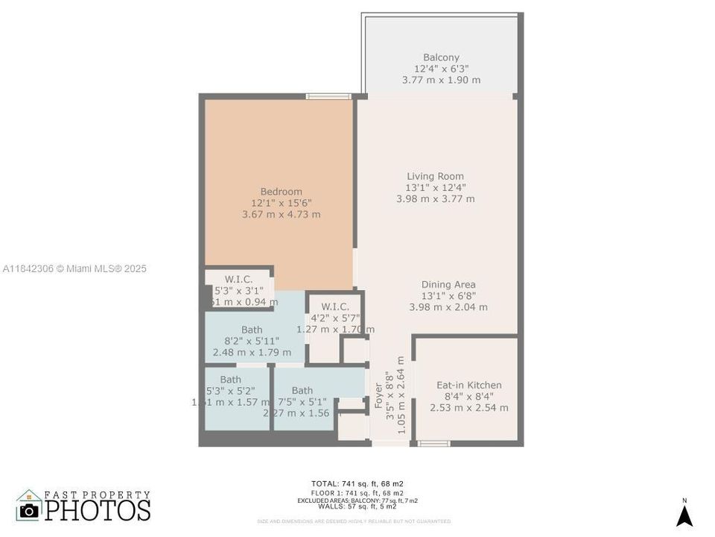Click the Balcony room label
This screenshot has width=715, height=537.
[441, 57]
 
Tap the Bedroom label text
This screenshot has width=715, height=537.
[281, 192]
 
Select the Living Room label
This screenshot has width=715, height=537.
[435, 177]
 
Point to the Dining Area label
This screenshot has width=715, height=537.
[448, 285]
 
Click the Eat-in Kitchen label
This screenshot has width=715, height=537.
[468, 386]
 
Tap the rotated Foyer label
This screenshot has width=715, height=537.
[378, 396]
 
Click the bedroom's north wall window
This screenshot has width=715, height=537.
[328, 96]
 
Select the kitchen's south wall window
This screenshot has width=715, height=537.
[433, 444]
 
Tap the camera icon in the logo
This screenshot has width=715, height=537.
[29, 510]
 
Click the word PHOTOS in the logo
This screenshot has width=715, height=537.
[97, 510]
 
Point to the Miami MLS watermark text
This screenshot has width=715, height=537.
[74, 268]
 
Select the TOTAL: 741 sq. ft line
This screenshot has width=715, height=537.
[357, 484]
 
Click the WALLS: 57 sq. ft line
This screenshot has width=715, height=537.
[357, 507]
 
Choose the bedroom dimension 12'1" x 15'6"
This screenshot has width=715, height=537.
[281, 203]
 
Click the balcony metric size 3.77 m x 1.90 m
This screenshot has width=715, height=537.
[441, 80]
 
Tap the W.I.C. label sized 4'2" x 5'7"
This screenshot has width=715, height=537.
[335, 307]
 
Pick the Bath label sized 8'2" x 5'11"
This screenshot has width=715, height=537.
[252, 330]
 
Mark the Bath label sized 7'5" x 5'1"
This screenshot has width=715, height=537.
[302, 391]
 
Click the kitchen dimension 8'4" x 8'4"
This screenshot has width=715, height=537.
[468, 397]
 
